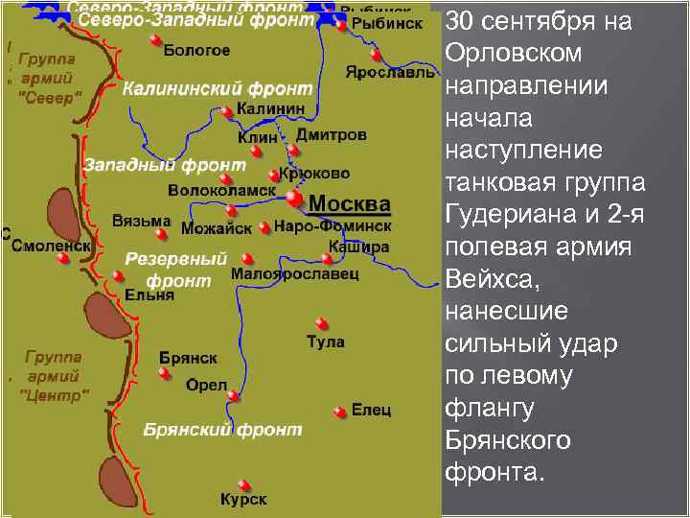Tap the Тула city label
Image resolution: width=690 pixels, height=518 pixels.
(325, 341)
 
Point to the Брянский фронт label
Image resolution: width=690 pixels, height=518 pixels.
(221, 431)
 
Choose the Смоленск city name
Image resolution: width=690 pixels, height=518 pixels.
(51, 246)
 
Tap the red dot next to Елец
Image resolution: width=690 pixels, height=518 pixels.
(339, 411)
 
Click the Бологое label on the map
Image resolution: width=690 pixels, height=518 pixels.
(196, 49)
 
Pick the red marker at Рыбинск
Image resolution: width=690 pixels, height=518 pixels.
(341, 26)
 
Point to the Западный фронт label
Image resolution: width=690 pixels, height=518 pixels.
(150, 165)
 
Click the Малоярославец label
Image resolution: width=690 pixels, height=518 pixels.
(295, 274)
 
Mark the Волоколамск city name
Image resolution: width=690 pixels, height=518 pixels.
(221, 191)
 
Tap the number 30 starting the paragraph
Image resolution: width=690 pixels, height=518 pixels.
(462, 22)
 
